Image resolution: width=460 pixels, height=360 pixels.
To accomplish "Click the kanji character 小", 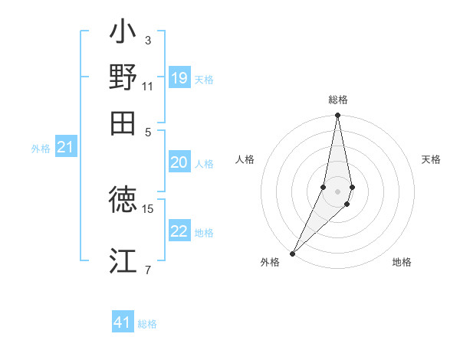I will point(123,34).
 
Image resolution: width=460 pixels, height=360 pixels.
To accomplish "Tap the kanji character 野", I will point(123,78).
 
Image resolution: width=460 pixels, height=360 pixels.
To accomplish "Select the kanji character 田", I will point(123,123).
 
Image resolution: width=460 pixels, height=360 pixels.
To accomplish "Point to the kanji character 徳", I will point(123,201).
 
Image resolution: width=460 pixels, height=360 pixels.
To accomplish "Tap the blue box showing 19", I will point(179,78).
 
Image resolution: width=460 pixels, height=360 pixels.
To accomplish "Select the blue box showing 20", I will point(179,162).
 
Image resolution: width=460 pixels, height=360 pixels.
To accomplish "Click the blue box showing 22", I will point(179,231).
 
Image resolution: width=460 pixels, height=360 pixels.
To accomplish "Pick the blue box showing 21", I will point(65,147).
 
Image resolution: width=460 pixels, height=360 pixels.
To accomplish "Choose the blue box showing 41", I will point(123,322).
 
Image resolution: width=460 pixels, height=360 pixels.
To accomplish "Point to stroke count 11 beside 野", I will point(148,86).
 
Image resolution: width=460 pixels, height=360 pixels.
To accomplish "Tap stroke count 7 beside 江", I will point(147,269).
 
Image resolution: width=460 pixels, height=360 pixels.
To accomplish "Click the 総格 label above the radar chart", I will point(337,100).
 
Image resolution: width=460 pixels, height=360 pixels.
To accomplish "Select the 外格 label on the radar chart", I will point(270,263).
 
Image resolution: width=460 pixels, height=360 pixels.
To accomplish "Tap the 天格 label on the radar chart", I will point(431,159).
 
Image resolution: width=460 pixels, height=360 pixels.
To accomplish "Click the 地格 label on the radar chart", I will point(402,263).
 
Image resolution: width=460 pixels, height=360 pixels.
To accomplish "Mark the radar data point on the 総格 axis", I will point(337,116).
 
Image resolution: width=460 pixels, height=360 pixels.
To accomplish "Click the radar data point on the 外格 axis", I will point(293,253).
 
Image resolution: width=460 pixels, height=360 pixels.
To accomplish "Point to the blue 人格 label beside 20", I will point(204,163).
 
